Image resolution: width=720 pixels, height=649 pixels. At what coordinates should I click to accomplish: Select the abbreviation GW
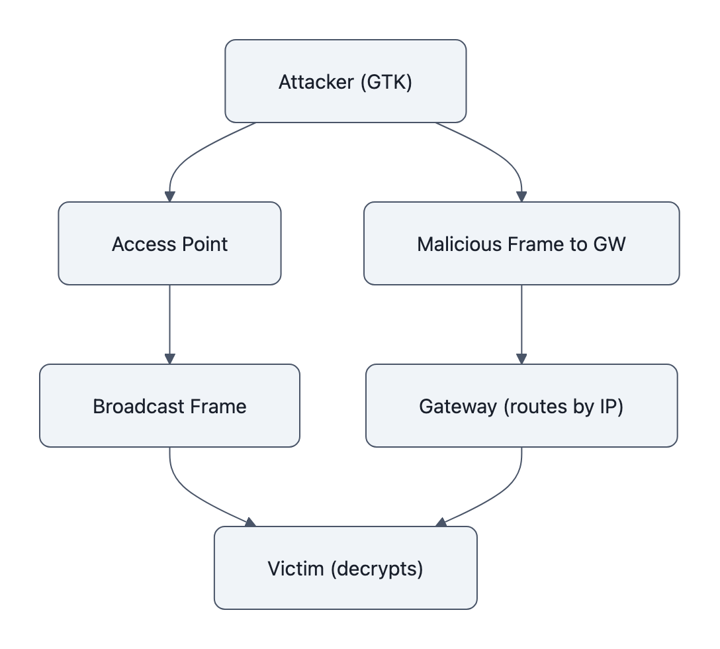609,244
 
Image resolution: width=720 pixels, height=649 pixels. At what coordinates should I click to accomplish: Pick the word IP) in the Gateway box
609,406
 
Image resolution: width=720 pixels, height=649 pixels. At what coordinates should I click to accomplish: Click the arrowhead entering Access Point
170,197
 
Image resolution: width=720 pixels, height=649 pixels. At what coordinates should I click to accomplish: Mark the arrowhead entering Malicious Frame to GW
521,197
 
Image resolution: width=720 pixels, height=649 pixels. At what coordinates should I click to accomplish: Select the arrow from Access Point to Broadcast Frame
170,324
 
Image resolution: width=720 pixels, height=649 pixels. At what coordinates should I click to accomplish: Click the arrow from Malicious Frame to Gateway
521,324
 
